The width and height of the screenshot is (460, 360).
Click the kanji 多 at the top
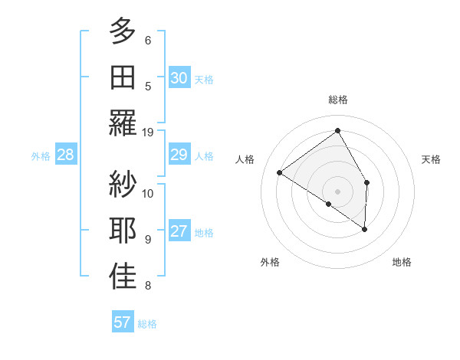123,32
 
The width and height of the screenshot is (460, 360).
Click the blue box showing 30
179,78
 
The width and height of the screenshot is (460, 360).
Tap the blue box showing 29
179,155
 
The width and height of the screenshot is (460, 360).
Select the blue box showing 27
179,232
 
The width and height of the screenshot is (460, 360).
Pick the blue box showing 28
66,155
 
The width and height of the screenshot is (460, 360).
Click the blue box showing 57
123,322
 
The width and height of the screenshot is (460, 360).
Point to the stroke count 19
148,133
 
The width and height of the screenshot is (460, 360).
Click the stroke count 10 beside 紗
148,193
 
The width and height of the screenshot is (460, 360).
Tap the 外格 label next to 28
41,156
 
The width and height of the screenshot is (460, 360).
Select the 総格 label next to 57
147,324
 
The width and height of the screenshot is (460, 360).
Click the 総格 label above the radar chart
337,100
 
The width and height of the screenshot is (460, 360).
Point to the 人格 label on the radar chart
245,159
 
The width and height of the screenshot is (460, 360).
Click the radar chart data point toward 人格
280,173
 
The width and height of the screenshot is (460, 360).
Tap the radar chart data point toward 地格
365,229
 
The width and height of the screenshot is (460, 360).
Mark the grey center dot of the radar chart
337,190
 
